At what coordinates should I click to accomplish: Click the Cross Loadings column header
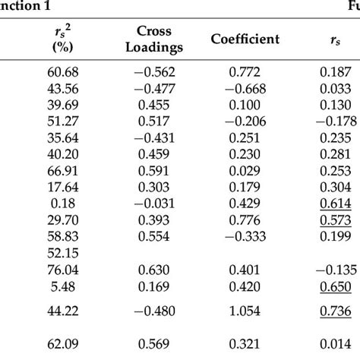pos(154,39)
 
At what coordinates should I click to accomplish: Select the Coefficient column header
pos(245,39)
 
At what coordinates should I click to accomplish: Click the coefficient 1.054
pos(245,311)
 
